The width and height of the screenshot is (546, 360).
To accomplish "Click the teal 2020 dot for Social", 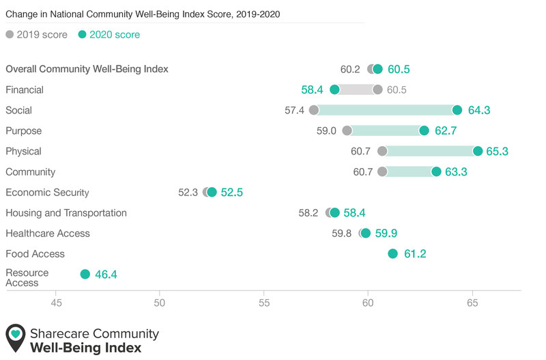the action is coord(457,110).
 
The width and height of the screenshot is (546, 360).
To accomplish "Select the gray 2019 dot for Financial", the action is coord(377,90).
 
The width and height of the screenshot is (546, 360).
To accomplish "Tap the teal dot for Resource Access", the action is coord(85,274).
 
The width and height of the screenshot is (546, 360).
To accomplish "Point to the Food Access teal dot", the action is coord(393,253).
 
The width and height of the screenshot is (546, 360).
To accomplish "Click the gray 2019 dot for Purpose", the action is coord(347,130).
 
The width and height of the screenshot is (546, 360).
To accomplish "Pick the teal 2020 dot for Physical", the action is coord(478,151).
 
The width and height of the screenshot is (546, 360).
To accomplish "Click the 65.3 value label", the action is coord(498,151).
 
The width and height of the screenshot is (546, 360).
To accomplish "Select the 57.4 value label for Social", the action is coord(294,111).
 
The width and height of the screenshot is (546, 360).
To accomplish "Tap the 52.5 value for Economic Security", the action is coord(232,193).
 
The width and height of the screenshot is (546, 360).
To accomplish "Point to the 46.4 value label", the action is coord(106,275).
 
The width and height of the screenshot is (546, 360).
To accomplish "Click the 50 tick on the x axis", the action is coord(160,303).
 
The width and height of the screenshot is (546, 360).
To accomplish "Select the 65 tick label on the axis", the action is coord(472,303).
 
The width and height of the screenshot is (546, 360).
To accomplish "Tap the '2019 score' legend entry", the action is coord(37,35).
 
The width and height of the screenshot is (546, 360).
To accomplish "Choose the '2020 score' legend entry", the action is coord(109,35).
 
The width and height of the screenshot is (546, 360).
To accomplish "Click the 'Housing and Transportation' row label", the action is coord(66,213).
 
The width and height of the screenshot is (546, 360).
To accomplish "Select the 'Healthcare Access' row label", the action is coord(48,234).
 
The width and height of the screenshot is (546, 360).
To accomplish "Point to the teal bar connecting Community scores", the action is coord(409,172).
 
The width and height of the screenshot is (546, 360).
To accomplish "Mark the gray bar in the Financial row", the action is coord(356,90).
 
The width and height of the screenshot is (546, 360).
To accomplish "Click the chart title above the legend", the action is coord(143,14).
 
